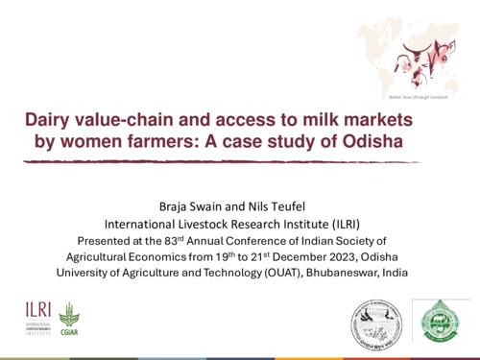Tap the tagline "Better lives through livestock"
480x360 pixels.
pos(416,99)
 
